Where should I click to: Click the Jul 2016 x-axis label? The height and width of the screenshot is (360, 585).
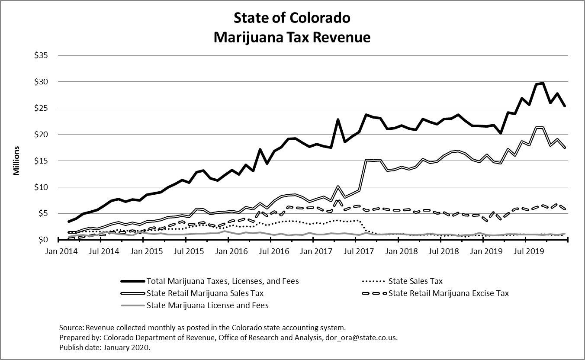point(270,251)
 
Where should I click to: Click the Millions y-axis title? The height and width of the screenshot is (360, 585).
point(16,161)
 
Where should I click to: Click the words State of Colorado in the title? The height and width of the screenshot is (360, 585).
point(292,19)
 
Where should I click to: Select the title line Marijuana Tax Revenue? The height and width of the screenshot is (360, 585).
point(292,37)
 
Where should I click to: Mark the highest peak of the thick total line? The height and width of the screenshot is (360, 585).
point(543,83)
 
